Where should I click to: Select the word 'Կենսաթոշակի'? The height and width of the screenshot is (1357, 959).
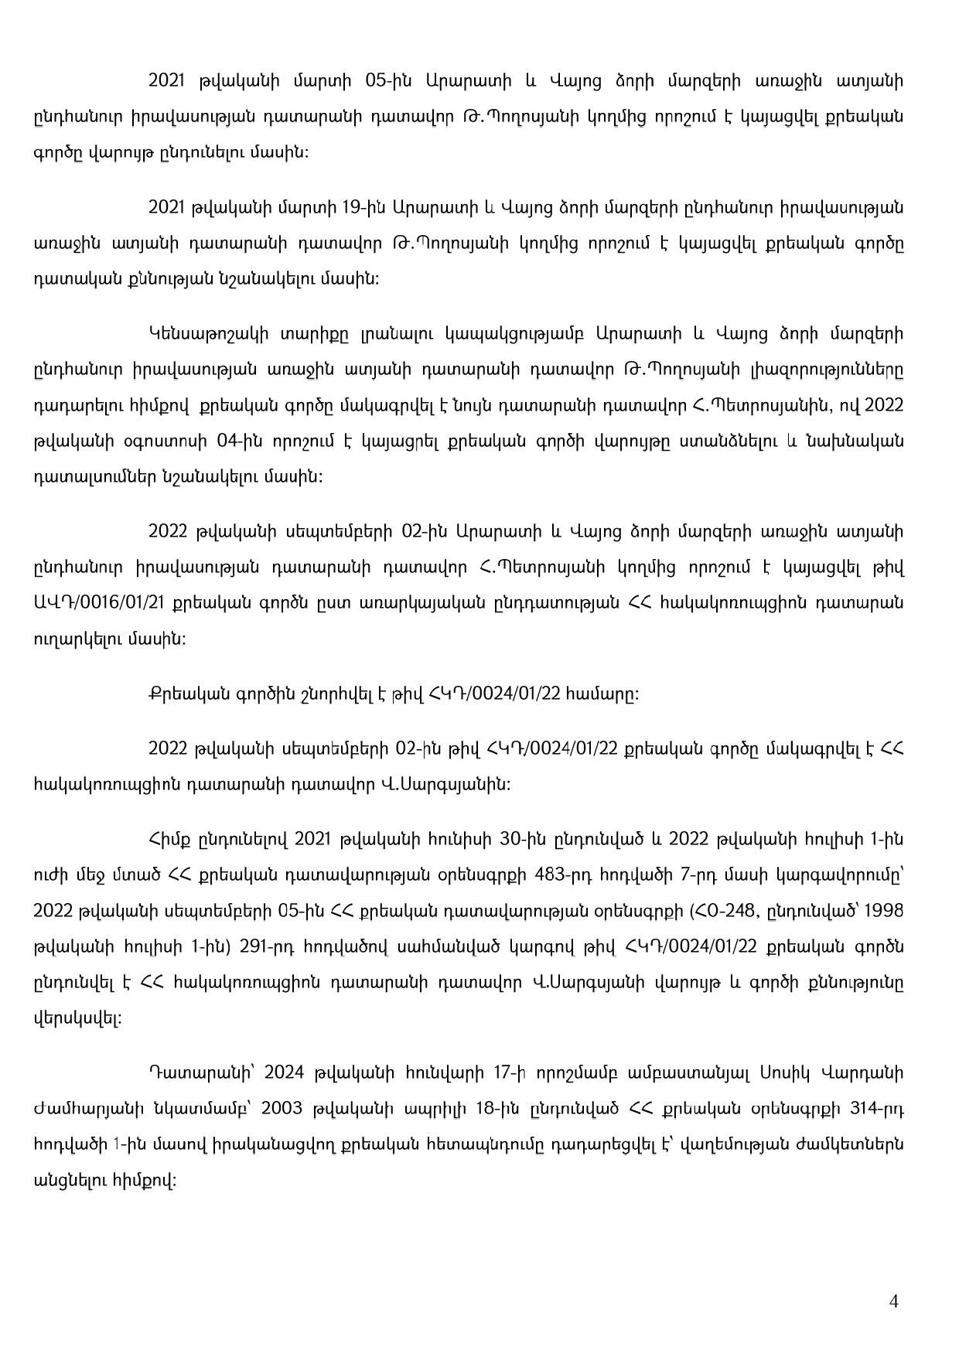(x=193, y=334)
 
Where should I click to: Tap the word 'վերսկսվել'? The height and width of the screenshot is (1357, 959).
(x=77, y=1019)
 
